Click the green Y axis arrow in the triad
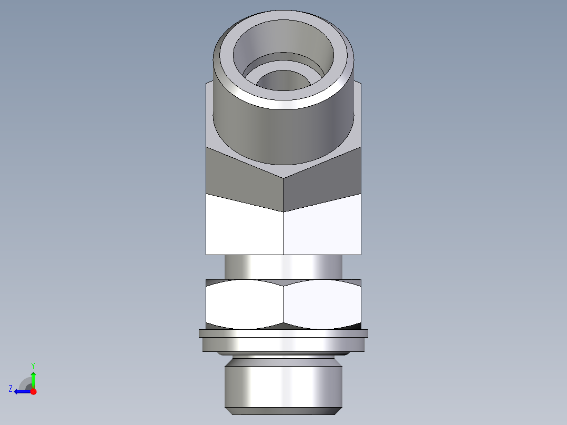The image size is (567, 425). (33, 378)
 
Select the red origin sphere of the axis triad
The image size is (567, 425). (33, 391)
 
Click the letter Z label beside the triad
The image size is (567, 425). (11, 389)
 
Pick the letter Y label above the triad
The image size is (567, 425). (33, 366)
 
